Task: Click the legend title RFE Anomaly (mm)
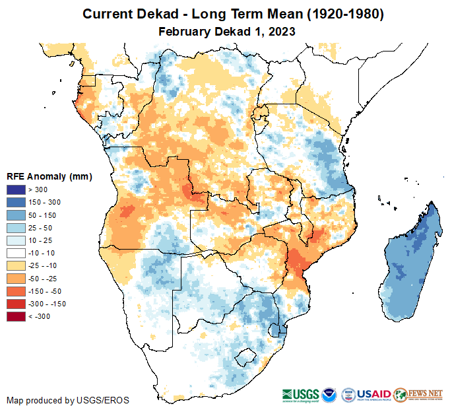click(x=49, y=176)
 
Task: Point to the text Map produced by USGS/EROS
click(x=68, y=400)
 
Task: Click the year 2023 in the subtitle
click(x=280, y=31)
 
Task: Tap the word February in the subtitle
click(x=183, y=31)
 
